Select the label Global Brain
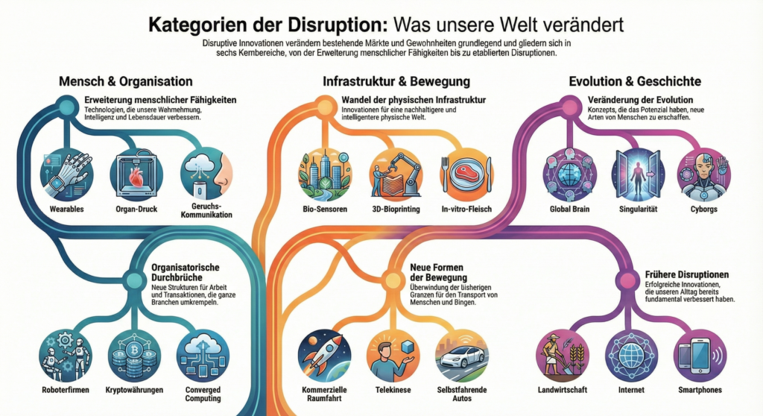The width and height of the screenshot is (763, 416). [x=569, y=209]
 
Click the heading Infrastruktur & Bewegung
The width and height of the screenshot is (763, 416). [x=396, y=81]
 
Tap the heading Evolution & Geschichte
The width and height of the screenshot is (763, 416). [x=634, y=81]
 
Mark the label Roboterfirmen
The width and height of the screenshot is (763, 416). [x=66, y=388]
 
